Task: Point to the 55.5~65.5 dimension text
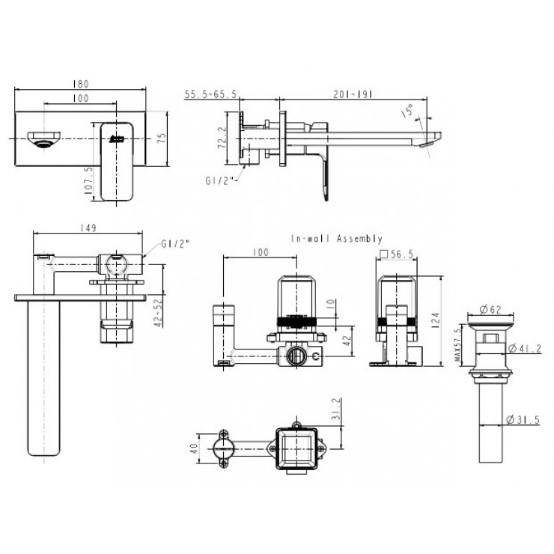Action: [x=210, y=94]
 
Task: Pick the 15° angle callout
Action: [x=408, y=112]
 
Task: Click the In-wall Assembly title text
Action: [x=337, y=239]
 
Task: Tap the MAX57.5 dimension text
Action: [x=458, y=346]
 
